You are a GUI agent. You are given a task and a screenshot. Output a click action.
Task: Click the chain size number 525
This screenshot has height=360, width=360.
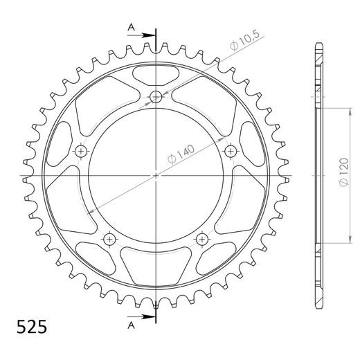click(x=32, y=327)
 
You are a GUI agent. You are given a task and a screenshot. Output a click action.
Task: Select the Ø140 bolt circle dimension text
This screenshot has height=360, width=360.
click(x=181, y=154)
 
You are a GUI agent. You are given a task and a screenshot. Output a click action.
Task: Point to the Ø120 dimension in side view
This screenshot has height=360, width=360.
click(x=343, y=172)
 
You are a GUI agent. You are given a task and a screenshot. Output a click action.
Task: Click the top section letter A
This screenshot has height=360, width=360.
click(x=132, y=28)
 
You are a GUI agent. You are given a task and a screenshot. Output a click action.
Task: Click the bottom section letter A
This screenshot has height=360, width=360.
click(x=132, y=325)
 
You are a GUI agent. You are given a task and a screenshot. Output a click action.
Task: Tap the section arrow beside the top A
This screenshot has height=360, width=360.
click(x=141, y=35)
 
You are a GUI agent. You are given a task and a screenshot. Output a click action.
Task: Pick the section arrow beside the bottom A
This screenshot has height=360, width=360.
click(x=141, y=316)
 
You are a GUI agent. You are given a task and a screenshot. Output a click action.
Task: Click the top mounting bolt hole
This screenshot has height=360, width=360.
click(x=156, y=97)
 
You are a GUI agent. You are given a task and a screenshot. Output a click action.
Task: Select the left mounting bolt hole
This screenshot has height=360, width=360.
click(x=81, y=152)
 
